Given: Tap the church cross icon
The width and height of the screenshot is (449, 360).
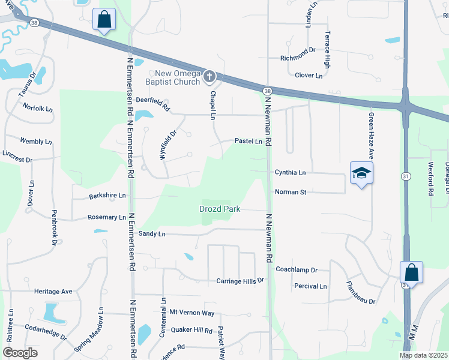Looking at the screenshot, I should point(209,76).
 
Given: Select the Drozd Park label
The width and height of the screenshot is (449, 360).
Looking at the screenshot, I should point(220,209).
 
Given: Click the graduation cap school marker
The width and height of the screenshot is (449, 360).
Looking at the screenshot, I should point(361,173).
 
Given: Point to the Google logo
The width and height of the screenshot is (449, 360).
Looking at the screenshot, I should point(20,352).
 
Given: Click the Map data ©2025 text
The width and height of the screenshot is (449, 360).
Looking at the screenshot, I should point(423,355).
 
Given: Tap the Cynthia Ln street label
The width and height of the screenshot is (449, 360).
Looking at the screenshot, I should point(290,172).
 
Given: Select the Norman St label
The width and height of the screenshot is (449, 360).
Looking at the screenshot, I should point(291,192).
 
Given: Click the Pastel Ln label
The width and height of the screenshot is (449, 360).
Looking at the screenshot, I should point(249,142).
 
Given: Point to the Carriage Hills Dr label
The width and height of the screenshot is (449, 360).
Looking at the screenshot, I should point(240,281).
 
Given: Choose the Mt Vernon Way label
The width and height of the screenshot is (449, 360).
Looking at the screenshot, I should point(191,313).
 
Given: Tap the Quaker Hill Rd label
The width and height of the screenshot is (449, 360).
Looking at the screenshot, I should point(191,331).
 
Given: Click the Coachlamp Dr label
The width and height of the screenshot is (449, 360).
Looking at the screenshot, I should point(296,270).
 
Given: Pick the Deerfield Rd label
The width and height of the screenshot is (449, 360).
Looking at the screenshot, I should point(151,100).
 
